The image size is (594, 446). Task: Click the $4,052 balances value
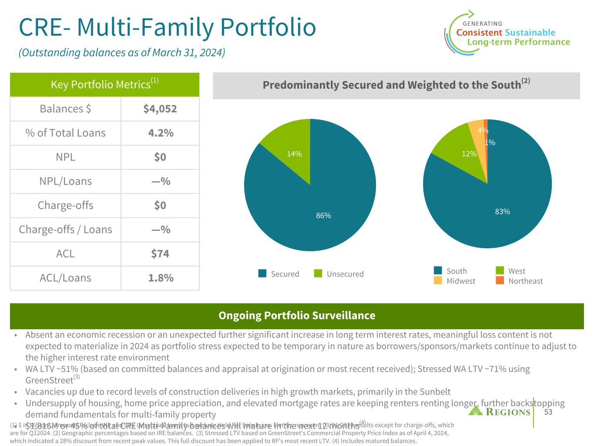click(x=160, y=109)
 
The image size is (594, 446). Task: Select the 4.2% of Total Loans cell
click(x=160, y=133)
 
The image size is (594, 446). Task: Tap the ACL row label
click(x=65, y=253)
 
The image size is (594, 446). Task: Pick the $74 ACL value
click(x=160, y=253)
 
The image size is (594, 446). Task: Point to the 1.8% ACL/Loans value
click(x=160, y=278)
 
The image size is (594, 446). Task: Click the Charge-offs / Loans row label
click(x=65, y=230)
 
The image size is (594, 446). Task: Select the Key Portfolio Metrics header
click(x=104, y=84)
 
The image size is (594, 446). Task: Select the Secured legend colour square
click(x=262, y=274)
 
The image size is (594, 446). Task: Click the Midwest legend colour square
click(x=438, y=280)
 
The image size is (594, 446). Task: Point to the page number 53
click(x=548, y=412)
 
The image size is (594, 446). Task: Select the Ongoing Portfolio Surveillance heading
click(x=297, y=315)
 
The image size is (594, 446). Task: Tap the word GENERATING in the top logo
click(x=482, y=24)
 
